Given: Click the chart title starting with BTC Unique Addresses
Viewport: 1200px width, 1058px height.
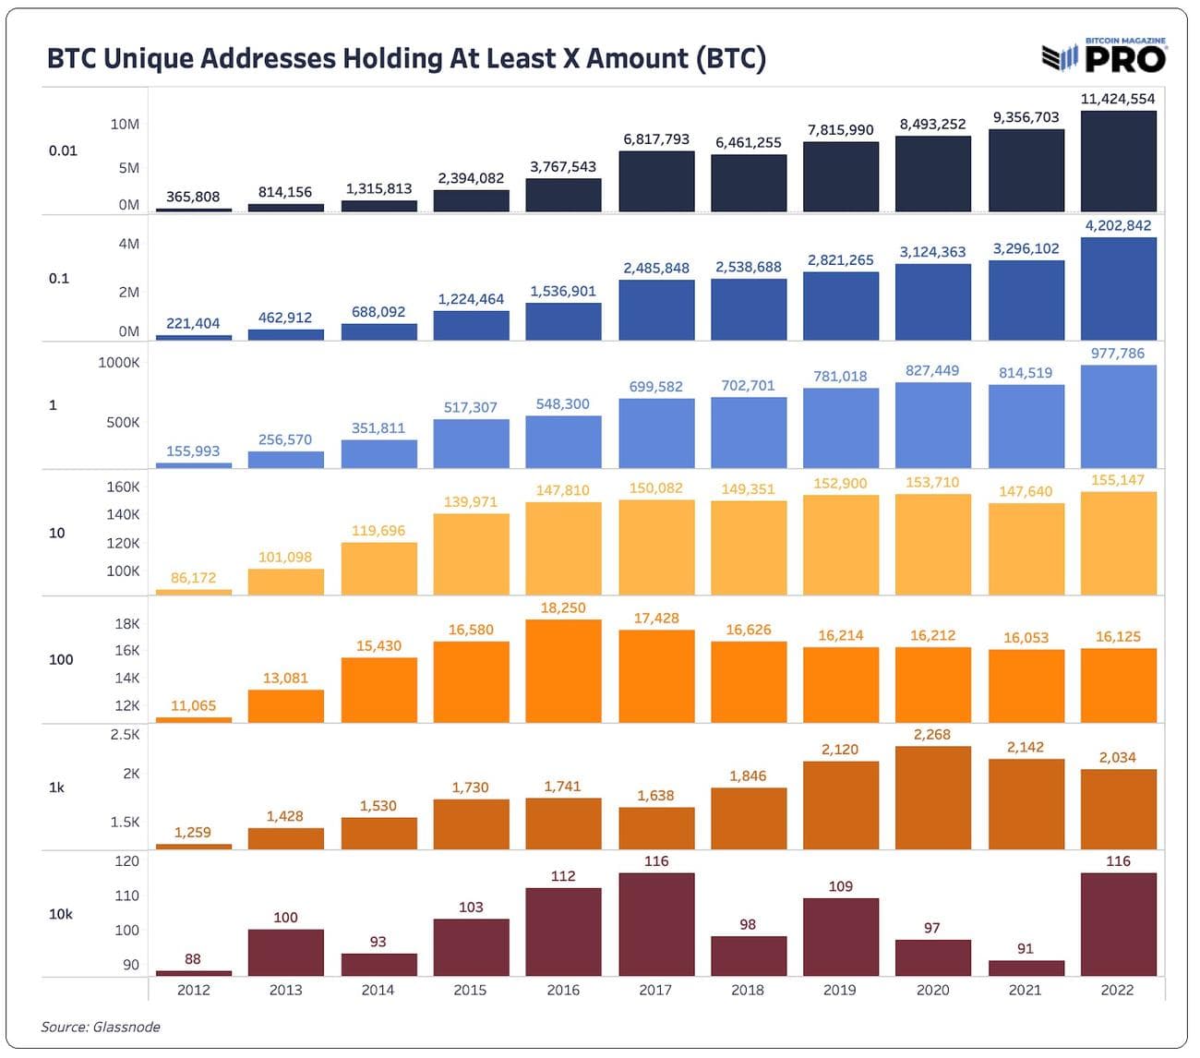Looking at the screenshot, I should (x=406, y=58).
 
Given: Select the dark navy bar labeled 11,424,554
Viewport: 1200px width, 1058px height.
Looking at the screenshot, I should (x=1118, y=162).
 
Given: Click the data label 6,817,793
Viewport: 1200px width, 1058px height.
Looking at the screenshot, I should (x=656, y=139).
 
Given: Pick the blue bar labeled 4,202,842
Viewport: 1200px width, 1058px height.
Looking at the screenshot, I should (x=1118, y=288).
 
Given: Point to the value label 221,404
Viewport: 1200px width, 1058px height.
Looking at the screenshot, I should (x=193, y=323).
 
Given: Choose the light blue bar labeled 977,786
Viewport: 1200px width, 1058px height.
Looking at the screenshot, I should (x=1118, y=415).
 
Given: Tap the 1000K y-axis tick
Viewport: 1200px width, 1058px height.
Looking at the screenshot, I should (x=119, y=363).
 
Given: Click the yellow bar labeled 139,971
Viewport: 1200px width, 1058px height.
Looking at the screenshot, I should (x=471, y=554).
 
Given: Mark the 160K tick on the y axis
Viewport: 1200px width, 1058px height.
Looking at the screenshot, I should (x=123, y=487).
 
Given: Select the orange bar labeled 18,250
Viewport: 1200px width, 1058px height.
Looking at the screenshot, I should (x=563, y=670).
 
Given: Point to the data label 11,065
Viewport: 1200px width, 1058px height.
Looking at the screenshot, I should (x=193, y=706).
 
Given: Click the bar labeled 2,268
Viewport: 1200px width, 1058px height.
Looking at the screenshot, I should (x=932, y=798).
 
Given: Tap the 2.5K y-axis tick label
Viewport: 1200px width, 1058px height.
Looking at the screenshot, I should (x=125, y=735).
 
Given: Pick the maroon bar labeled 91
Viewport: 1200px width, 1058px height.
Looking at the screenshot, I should (x=1026, y=968).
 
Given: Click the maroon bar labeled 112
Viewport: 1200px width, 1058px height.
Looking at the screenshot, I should (x=563, y=931).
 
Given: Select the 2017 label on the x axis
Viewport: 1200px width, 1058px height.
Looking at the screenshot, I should (x=655, y=990).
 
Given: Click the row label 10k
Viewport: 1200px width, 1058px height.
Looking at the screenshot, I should (x=60, y=914).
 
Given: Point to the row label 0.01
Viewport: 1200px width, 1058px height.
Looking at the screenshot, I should (x=63, y=150).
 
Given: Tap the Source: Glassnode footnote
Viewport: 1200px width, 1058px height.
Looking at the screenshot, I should (x=101, y=1027).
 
